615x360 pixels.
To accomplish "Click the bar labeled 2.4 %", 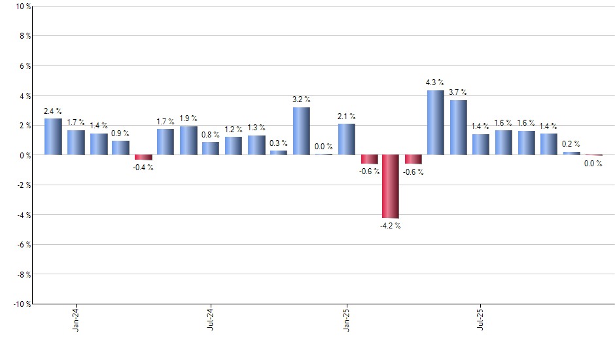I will point(53,137).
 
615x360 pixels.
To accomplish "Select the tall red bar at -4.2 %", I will point(391,187).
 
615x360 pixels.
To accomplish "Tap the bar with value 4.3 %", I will point(436,122).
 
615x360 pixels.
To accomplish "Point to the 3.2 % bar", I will point(301,131).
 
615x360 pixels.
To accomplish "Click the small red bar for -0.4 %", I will point(143,158).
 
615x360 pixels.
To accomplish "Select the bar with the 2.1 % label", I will point(346,139).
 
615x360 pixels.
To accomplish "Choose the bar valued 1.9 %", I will point(188,141).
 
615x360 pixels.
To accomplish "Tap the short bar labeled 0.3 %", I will point(279,153).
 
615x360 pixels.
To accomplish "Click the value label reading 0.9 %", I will point(120,134).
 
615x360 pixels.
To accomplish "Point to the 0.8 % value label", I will point(211,135).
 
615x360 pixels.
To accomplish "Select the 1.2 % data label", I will point(234,130).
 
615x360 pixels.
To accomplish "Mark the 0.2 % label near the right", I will point(571,145).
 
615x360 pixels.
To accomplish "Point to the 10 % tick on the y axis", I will point(23,7).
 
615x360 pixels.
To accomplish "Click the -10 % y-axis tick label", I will point(21,304).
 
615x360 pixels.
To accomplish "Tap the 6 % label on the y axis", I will point(25,66).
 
